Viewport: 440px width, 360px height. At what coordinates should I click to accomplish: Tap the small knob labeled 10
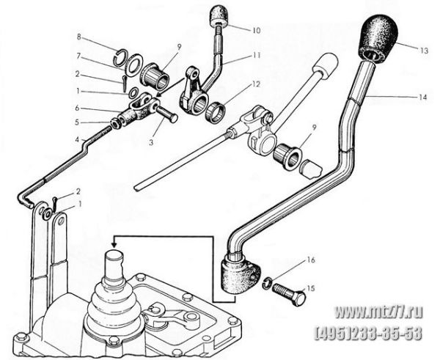[219, 17]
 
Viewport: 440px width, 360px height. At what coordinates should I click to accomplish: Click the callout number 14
[422, 97]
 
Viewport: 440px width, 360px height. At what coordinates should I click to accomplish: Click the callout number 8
[79, 37]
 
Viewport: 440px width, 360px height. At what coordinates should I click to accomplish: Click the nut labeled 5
[116, 122]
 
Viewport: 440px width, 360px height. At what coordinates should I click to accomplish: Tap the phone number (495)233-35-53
[369, 334]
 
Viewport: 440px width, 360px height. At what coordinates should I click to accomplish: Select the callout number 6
[78, 108]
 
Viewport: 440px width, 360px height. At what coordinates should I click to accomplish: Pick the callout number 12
[256, 84]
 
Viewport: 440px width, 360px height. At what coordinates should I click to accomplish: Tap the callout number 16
[311, 260]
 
